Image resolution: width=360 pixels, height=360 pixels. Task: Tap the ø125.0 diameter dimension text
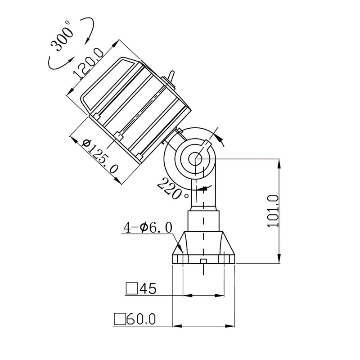pos(101,156)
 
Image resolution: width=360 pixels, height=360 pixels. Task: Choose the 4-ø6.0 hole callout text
pos(147,228)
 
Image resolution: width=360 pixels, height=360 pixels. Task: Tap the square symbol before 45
pos(131,288)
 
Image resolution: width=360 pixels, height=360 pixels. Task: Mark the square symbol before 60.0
pos(120,319)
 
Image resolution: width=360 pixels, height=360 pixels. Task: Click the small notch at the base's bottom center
pos(203,261)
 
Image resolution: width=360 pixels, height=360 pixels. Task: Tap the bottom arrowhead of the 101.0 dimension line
pos(279,260)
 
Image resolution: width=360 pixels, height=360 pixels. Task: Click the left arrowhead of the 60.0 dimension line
pos(176,325)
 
